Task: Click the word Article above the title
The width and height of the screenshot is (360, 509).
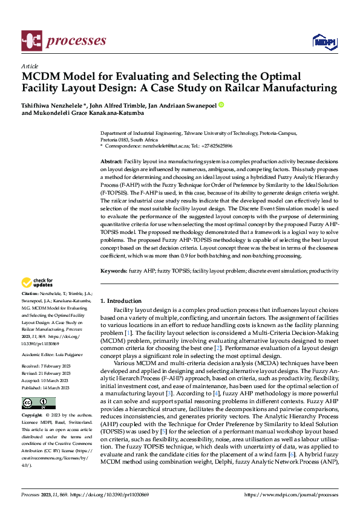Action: coord(29,66)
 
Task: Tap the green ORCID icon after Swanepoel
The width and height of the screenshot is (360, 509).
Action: coord(221,105)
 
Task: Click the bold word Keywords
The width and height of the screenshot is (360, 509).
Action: coord(113,271)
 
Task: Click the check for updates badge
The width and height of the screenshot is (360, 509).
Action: coord(36,282)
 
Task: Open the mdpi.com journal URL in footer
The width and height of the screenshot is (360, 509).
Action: coord(290,494)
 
